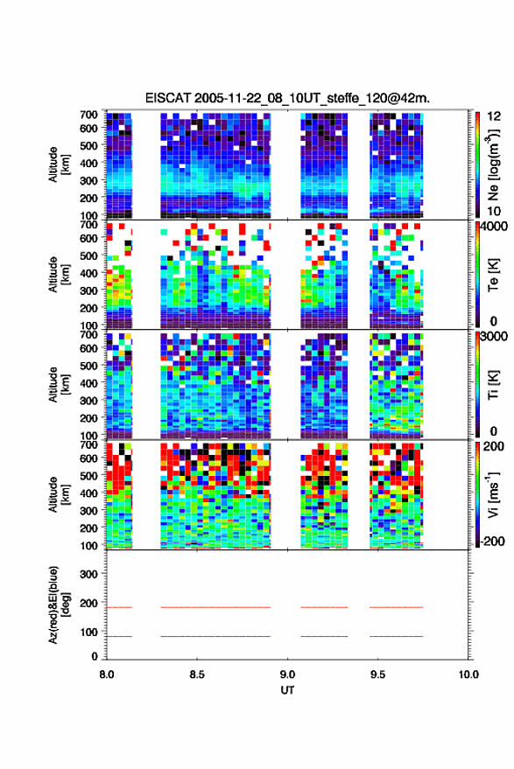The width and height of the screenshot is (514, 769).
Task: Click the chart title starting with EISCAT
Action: pyautogui.click(x=287, y=98)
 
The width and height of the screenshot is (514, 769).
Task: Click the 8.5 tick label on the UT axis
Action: pyautogui.click(x=197, y=675)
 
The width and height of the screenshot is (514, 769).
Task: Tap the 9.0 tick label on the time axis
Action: pyautogui.click(x=287, y=675)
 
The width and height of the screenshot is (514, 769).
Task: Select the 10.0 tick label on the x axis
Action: pyautogui.click(x=468, y=675)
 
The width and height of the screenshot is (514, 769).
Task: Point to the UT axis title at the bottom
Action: pyautogui.click(x=287, y=690)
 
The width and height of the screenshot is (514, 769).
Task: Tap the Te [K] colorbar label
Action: pyautogui.click(x=493, y=275)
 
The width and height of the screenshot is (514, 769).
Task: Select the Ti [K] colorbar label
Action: pyautogui.click(x=493, y=385)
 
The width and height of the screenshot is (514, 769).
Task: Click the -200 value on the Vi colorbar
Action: pyautogui.click(x=491, y=541)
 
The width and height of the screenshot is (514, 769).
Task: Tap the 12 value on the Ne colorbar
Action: pyautogui.click(x=494, y=116)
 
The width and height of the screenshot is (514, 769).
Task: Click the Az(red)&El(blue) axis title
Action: pyautogui.click(x=60, y=605)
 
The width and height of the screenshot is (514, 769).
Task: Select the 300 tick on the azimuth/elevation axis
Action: pyautogui.click(x=88, y=574)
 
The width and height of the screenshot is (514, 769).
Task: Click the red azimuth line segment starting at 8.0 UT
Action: pyautogui.click(x=119, y=607)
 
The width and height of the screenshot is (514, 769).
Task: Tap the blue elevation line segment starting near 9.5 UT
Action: pyautogui.click(x=396, y=636)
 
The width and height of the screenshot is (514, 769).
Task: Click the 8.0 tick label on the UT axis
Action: pyautogui.click(x=107, y=675)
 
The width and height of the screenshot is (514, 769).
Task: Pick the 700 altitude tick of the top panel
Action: pyautogui.click(x=88, y=115)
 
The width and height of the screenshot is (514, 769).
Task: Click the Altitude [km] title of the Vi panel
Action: pyautogui.click(x=60, y=494)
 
